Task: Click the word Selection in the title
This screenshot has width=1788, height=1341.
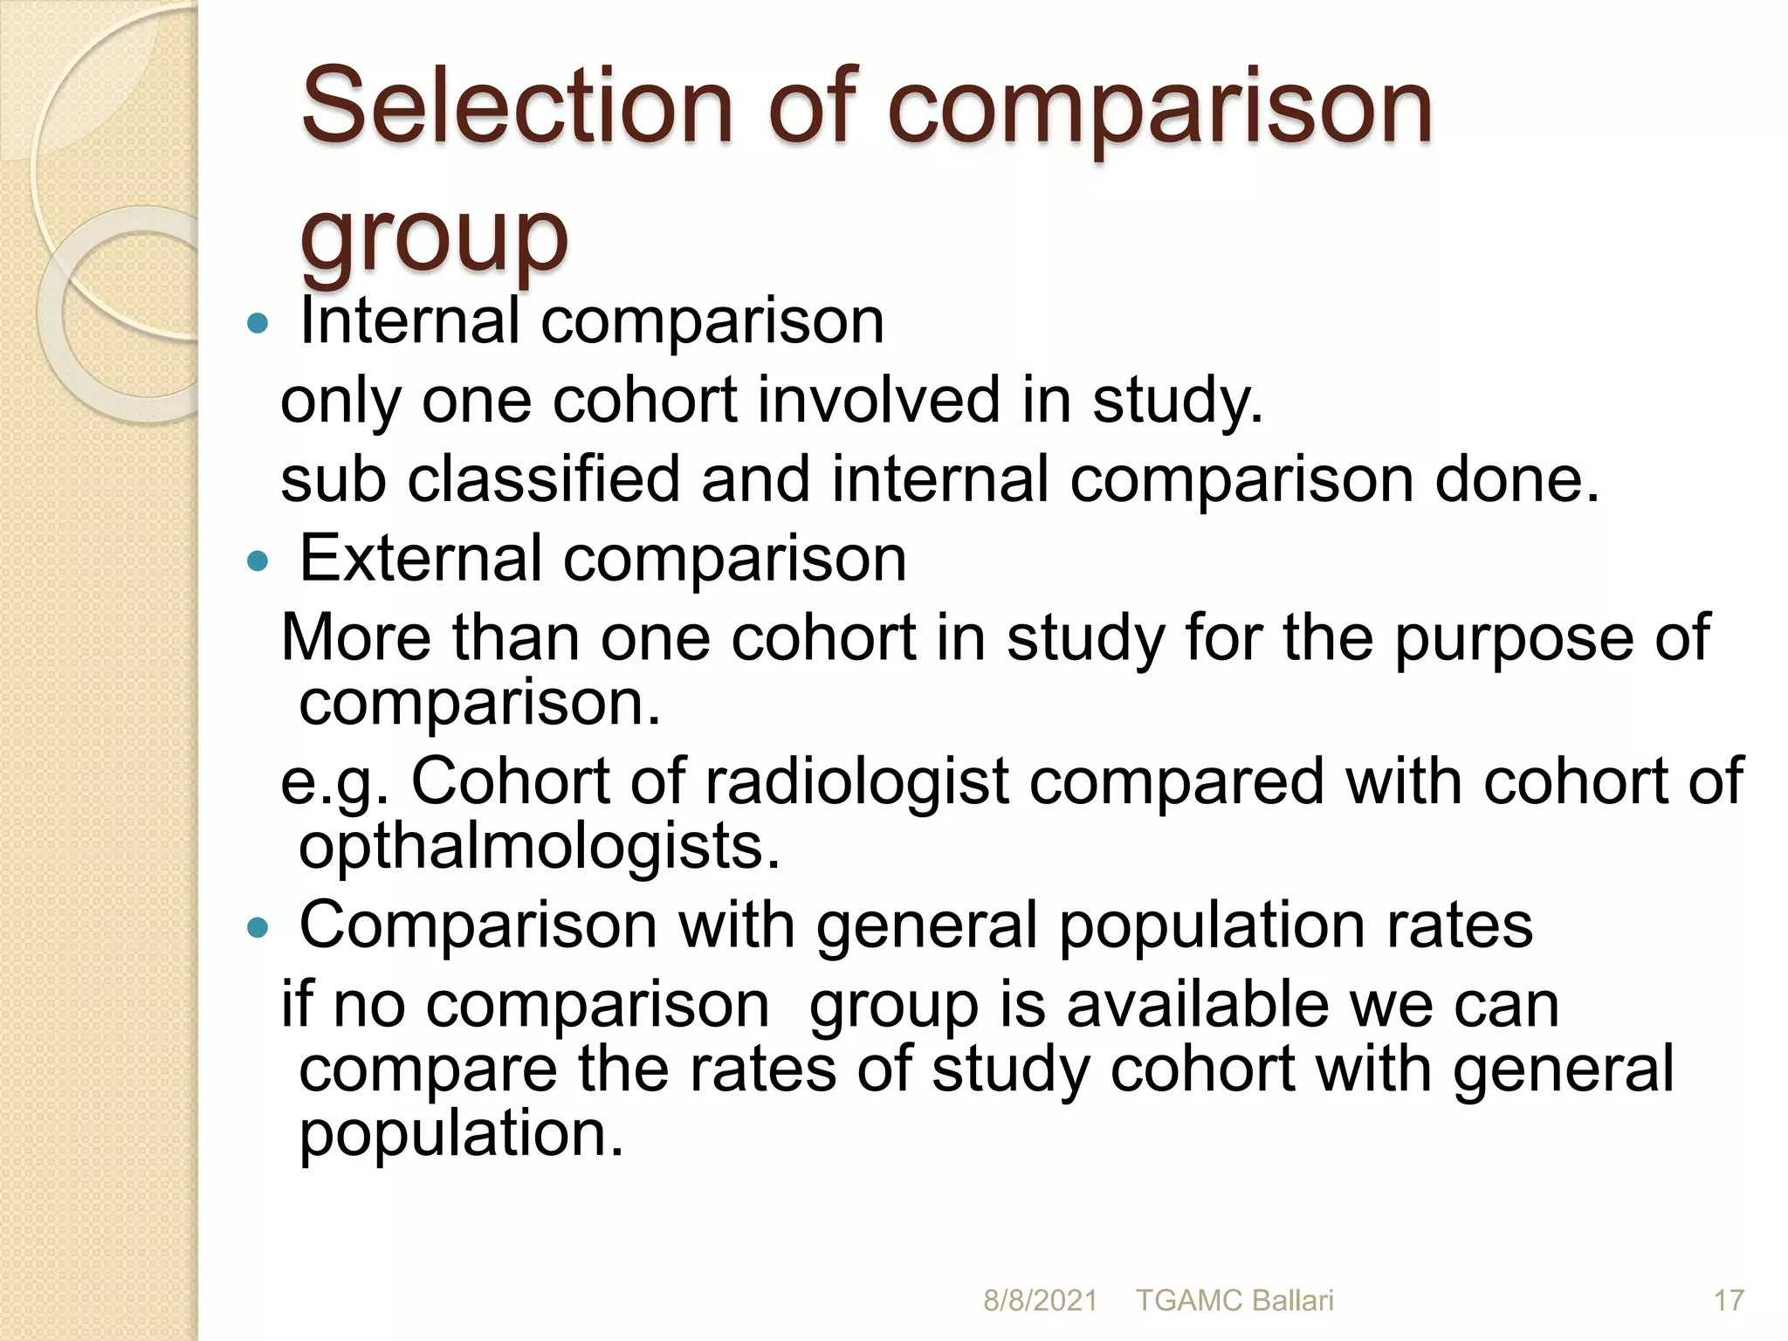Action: point(516,107)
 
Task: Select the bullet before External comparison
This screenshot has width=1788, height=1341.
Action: point(258,560)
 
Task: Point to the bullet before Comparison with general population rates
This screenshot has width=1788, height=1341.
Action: point(258,927)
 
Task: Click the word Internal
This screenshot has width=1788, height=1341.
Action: point(409,320)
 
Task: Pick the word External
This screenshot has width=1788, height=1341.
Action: point(421,558)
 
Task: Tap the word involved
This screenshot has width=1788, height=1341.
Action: point(877,400)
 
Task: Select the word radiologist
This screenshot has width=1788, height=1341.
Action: point(856,781)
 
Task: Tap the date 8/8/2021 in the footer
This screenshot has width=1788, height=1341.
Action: point(1040,1301)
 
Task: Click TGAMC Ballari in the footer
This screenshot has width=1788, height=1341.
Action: point(1234,1301)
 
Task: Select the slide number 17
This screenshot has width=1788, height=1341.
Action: point(1729,1301)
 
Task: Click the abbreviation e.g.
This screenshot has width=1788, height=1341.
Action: point(334,782)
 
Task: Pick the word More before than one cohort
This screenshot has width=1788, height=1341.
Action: point(356,637)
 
